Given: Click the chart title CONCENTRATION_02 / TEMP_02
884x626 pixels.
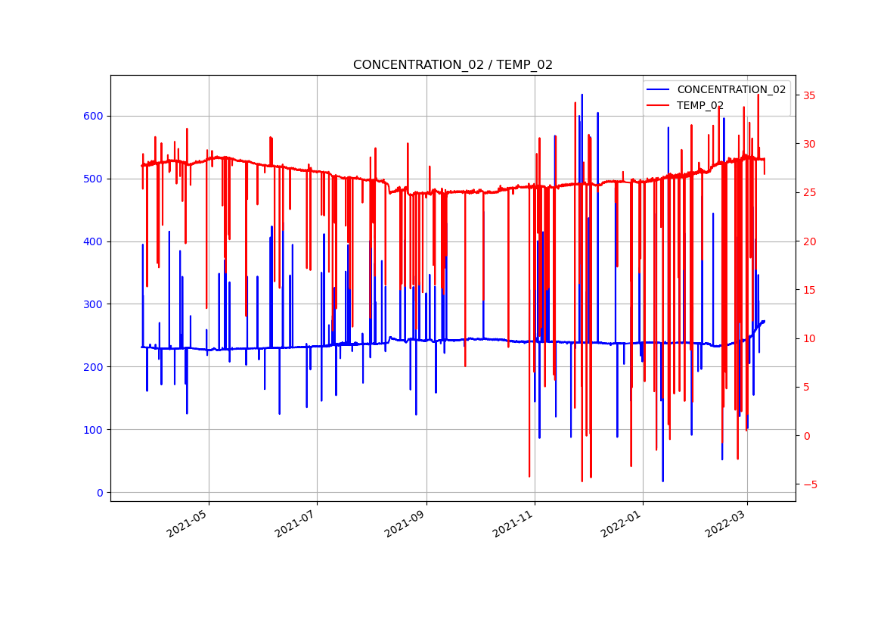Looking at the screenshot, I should click(x=452, y=65).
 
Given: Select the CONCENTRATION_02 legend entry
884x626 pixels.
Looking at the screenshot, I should click(x=730, y=89).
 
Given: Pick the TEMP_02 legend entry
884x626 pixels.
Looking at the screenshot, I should click(x=699, y=105).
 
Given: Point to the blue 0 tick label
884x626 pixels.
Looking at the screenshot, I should click(x=99, y=493).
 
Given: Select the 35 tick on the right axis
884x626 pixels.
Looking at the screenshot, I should click(x=808, y=95).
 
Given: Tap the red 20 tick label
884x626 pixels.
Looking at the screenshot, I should click(x=808, y=241).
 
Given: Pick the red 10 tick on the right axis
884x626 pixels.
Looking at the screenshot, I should click(x=808, y=338).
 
